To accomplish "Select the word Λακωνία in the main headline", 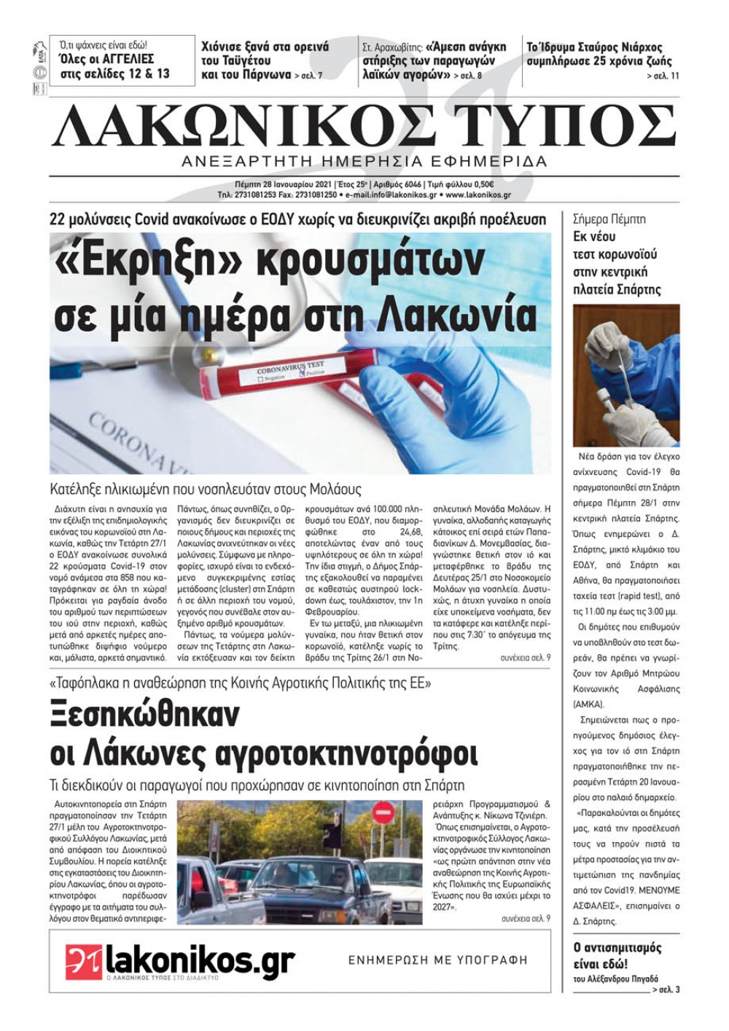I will point(459,314).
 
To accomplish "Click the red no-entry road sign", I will point(382,812).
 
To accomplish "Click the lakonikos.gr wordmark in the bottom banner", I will point(200,960).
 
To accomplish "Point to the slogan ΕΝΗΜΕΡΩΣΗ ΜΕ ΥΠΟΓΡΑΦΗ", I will point(437,960).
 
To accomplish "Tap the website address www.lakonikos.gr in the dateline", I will point(478,195).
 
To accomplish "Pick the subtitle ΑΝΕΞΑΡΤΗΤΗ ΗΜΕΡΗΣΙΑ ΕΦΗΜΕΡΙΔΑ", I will point(364,161).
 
